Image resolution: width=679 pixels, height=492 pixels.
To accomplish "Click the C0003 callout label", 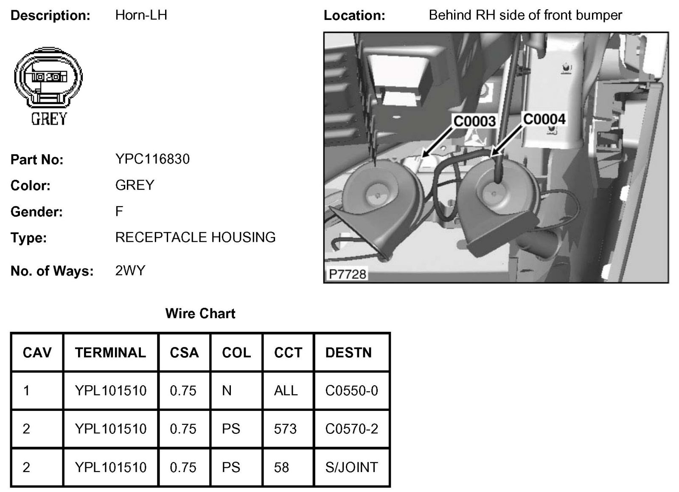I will click(474, 122).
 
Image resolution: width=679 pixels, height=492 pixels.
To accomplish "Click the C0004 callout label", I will click(544, 119).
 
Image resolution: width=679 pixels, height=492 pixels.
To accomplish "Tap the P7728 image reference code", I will click(347, 274).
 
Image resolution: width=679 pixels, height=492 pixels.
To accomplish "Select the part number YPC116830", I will click(152, 159).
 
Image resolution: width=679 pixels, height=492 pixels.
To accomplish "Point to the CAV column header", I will click(37, 353).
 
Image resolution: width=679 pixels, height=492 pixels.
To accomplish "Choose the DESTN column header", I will click(348, 353).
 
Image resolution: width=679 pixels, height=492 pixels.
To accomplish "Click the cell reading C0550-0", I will click(351, 390).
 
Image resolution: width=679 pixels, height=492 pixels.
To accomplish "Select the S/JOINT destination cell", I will click(351, 467).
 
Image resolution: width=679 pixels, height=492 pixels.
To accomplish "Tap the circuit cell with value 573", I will click(285, 429).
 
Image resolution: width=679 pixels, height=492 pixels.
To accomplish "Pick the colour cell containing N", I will click(227, 390).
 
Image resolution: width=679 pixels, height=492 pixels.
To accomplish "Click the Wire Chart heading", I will click(200, 314).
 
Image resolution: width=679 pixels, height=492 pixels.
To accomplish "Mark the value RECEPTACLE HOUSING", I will click(195, 237).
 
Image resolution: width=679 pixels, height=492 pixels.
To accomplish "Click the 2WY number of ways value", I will click(130, 271).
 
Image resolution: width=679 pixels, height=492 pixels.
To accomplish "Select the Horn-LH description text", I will click(141, 15).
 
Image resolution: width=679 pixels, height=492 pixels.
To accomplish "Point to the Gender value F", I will click(119, 211).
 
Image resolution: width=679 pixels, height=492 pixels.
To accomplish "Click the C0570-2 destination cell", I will click(351, 429).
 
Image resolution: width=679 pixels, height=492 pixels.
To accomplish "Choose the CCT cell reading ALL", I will click(286, 390).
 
